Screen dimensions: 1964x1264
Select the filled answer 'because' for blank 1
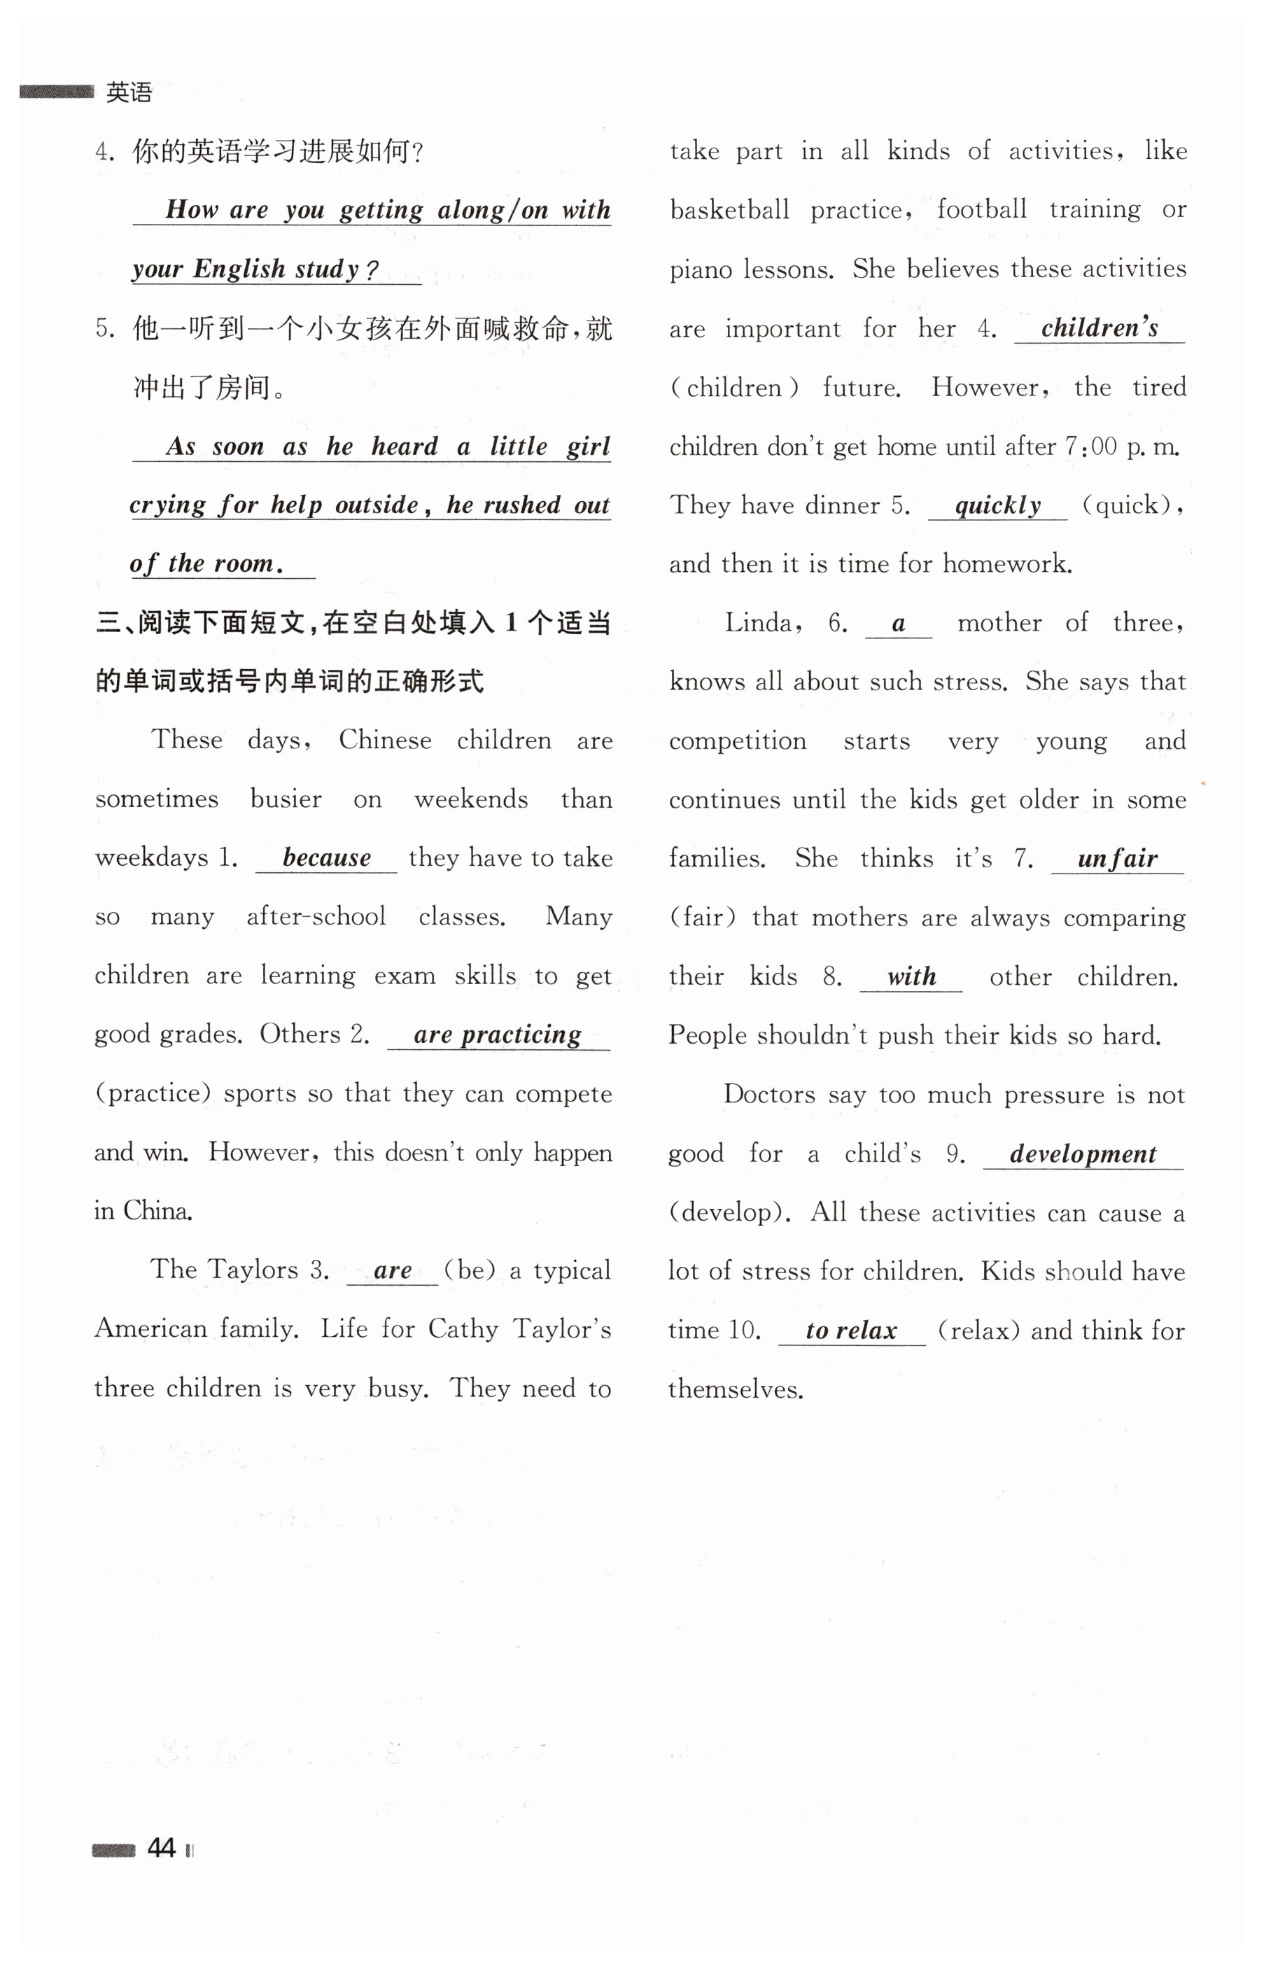tap(327, 857)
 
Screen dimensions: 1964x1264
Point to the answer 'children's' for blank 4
tap(1099, 328)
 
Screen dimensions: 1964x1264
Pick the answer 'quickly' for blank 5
tap(997, 505)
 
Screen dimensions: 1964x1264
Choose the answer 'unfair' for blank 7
tap(1117, 860)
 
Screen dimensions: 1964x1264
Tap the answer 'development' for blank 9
tap(1083, 1154)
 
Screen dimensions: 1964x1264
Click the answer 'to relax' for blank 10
tap(851, 1331)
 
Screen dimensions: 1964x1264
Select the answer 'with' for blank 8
tap(911, 976)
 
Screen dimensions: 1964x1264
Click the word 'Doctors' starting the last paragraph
tap(769, 1095)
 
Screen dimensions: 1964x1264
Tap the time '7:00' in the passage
tap(1091, 447)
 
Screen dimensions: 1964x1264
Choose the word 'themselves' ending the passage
tap(735, 1389)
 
